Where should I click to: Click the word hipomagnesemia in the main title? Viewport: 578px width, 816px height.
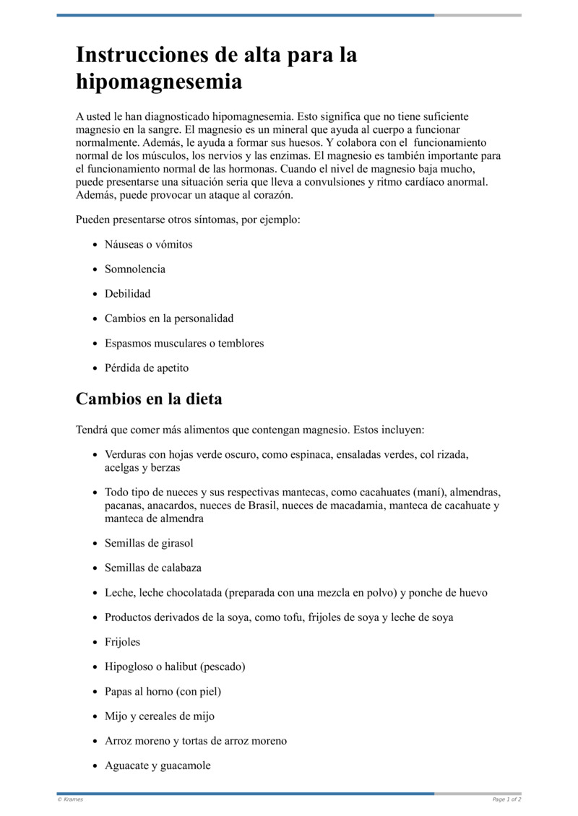coord(159,82)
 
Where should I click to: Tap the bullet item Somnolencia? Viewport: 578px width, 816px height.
coord(135,269)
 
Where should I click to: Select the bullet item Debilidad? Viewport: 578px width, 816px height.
coord(127,294)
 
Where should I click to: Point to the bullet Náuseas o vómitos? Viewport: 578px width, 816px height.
coord(148,245)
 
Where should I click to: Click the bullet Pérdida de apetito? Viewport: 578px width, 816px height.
coord(147,368)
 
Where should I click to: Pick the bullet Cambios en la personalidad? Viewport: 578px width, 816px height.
coord(169,318)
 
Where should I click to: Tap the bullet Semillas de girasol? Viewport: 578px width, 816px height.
coord(149,543)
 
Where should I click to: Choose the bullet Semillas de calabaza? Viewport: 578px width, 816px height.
coord(152,568)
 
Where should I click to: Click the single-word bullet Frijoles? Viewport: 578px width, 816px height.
coord(123,642)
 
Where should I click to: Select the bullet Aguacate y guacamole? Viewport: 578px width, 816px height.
coord(158,765)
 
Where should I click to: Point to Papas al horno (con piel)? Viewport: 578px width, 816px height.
coord(163,692)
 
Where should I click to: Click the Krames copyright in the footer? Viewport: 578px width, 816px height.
coord(70,799)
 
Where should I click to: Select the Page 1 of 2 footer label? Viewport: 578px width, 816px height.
coord(506,799)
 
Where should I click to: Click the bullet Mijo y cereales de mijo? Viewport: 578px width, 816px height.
coord(159,716)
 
